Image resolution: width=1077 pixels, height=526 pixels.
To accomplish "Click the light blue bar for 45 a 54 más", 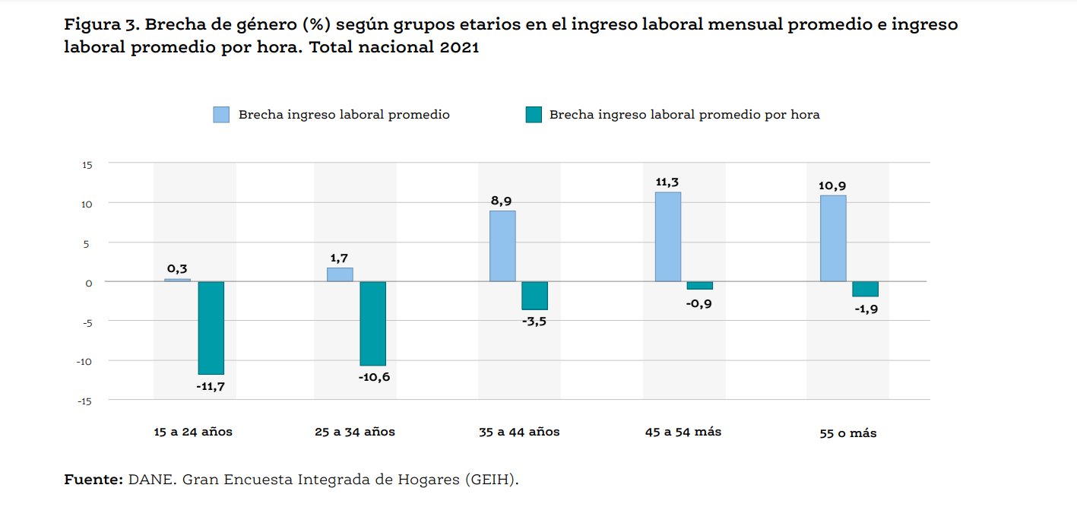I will tap(668, 236).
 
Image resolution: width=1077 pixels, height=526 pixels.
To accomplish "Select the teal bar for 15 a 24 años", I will tap(211, 328).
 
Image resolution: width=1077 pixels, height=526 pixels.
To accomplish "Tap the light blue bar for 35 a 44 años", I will tap(502, 246).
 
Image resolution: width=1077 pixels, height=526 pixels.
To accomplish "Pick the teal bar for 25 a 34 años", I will tap(372, 323).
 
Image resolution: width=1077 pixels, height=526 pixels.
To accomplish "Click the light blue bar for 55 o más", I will tap(833, 238).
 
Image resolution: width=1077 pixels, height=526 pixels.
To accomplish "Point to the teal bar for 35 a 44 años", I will tap(534, 295).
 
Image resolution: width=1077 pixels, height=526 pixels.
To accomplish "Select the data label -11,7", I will tap(211, 386).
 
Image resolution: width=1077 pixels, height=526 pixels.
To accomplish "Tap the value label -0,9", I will tap(699, 303).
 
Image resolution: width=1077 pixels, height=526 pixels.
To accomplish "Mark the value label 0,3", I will tap(177, 268).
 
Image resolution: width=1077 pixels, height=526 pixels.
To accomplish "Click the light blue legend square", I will tap(220, 115).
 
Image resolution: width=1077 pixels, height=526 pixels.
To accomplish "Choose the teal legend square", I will tap(534, 115).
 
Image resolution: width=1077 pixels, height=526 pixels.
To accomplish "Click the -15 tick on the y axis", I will tap(85, 401).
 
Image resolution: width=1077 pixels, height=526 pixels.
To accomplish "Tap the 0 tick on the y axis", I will tap(90, 282).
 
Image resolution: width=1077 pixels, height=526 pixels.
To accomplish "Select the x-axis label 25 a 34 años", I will tap(355, 432).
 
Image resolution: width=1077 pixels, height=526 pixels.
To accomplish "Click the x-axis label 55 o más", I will tap(847, 433).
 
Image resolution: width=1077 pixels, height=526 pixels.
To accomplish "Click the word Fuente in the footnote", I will tap(92, 480).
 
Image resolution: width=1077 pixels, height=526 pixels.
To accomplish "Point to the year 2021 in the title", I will tap(458, 47).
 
